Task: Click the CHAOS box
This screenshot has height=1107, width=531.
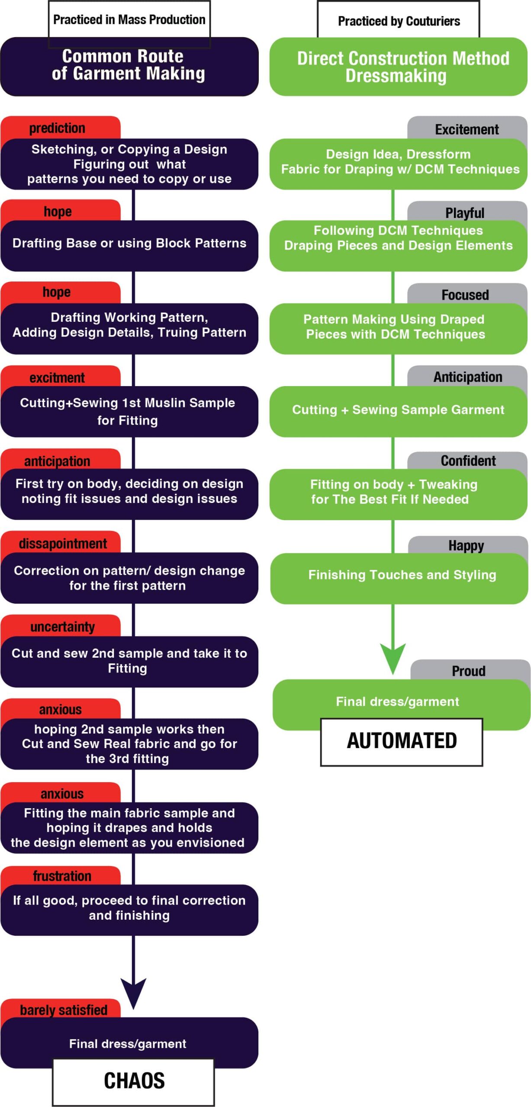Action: pos(133,1081)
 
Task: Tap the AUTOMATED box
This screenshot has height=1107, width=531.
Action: pos(402,742)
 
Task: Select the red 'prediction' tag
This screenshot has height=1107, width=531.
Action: pos(60,128)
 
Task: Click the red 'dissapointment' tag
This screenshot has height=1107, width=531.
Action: pos(60,543)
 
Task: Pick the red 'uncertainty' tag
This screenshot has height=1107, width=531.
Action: pos(60,626)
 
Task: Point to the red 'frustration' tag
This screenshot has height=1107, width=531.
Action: pos(60,876)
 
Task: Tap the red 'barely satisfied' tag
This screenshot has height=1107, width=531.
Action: pos(60,1009)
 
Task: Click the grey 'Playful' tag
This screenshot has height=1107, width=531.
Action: pos(467,212)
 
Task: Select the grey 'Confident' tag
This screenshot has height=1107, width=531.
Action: pos(467,461)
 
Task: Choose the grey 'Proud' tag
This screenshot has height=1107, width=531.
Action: pos(470,671)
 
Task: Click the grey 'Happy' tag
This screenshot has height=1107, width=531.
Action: pos(467,545)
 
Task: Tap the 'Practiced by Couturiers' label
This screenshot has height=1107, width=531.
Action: pos(399,20)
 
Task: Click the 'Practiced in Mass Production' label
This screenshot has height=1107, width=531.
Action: pos(129,19)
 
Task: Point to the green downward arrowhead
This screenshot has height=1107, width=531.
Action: pos(393,657)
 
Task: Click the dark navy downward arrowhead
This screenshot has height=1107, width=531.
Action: pos(133,993)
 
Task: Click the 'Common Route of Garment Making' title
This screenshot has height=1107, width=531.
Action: pos(129,67)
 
